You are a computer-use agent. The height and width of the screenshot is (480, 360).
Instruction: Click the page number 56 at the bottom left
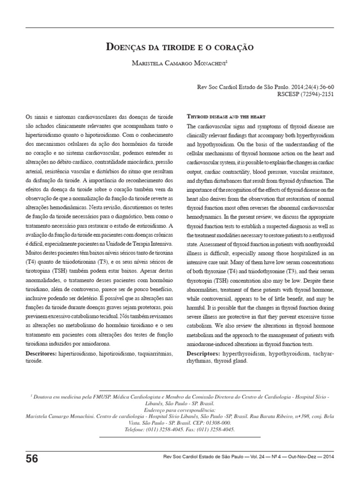click(32, 458)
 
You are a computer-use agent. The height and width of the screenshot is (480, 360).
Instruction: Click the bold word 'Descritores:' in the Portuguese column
click(41, 352)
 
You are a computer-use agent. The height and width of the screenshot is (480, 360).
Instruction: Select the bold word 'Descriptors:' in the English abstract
click(206, 352)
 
